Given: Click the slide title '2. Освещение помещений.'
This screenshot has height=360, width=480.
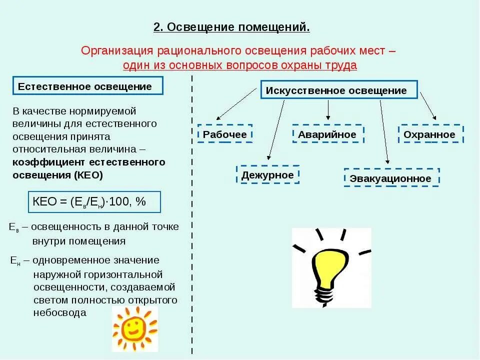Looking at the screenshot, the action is pos(231,27).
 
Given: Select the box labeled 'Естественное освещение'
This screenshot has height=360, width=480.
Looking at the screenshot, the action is pos(88,86).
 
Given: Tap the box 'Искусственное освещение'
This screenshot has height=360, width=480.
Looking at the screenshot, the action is pos(338,90).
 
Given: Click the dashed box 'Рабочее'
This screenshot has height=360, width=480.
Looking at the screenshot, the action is pos(224,134).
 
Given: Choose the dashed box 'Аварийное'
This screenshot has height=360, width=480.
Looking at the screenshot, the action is pos(327,134).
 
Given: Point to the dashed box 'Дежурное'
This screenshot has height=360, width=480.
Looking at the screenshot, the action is pos(267,175).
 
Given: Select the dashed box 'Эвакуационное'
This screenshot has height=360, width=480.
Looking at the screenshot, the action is pos(391,178).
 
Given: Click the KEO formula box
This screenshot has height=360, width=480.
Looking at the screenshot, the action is pos(93,202).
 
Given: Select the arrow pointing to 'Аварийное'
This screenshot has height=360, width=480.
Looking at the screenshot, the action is pos(328,109).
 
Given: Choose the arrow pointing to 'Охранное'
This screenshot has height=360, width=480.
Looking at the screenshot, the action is pos(427,105).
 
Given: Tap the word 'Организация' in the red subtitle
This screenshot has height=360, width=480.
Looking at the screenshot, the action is pos(117,51).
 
